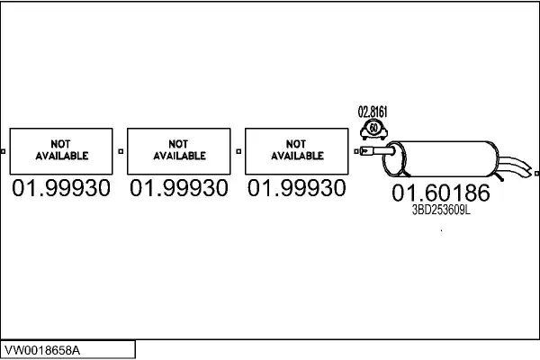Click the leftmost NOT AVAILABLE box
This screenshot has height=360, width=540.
61,150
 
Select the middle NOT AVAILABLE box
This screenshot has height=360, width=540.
179,150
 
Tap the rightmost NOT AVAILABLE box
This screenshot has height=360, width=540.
296,150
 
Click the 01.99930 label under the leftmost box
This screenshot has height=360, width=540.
61,189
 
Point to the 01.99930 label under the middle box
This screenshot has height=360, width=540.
179,189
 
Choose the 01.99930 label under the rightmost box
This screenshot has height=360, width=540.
296,189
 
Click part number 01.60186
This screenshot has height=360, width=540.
440,193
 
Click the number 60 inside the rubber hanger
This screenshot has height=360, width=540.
373,131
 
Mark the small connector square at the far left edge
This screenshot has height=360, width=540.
4,151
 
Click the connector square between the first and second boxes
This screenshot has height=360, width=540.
120,151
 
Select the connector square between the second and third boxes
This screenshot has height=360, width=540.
238,151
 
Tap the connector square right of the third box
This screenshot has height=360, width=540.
355,151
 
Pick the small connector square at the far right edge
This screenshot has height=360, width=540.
535,168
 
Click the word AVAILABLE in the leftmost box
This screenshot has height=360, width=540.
61,156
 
